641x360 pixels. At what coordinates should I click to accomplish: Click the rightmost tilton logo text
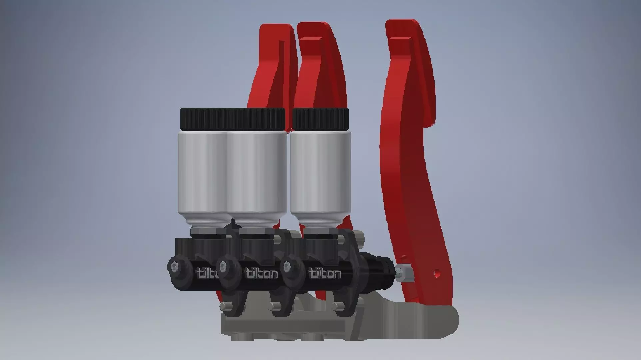click(325, 274)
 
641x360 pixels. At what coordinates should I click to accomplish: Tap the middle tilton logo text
click(261, 274)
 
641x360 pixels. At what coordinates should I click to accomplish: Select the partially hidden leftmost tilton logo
click(207, 273)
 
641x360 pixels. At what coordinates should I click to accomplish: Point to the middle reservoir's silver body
click(257, 173)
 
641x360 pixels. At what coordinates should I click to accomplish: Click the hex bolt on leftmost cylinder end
click(174, 267)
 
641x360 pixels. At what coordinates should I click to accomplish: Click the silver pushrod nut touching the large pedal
click(403, 272)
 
